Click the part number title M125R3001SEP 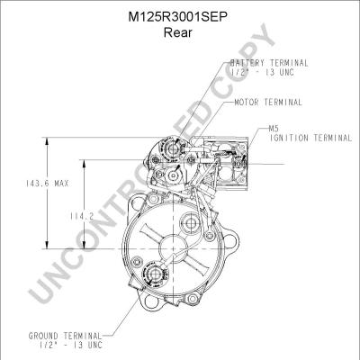point(177,17)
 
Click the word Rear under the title point(177,32)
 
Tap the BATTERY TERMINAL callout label point(269,63)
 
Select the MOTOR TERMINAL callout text point(268,103)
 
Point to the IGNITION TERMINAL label point(310,138)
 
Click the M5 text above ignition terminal point(274,129)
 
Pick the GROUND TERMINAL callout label point(65,336)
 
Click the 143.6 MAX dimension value point(47,184)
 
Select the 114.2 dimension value point(82,216)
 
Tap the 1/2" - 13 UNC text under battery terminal point(263,72)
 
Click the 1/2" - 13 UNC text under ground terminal point(71,345)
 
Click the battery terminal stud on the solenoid point(172,148)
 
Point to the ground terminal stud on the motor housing point(155,274)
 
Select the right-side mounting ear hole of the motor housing point(229,241)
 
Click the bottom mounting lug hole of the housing point(192,299)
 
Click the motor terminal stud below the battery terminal point(173,176)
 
